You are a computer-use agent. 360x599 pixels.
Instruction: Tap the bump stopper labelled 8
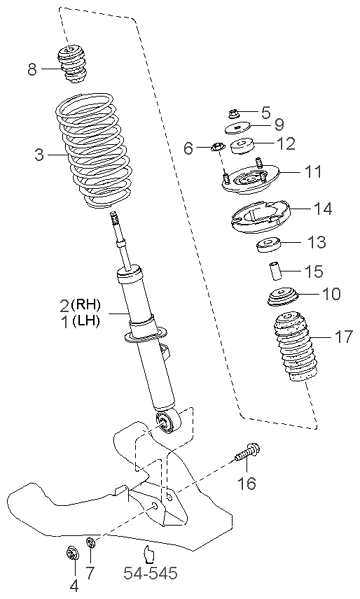(71, 65)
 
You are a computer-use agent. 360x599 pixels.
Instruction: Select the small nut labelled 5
(233, 113)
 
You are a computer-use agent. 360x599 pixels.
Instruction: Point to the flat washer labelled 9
(237, 128)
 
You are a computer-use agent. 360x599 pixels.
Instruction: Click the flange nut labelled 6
(217, 146)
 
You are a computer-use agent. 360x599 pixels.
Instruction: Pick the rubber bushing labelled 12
(243, 146)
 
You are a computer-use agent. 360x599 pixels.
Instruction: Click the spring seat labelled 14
(260, 216)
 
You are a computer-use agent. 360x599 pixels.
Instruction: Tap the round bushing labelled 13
(268, 245)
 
